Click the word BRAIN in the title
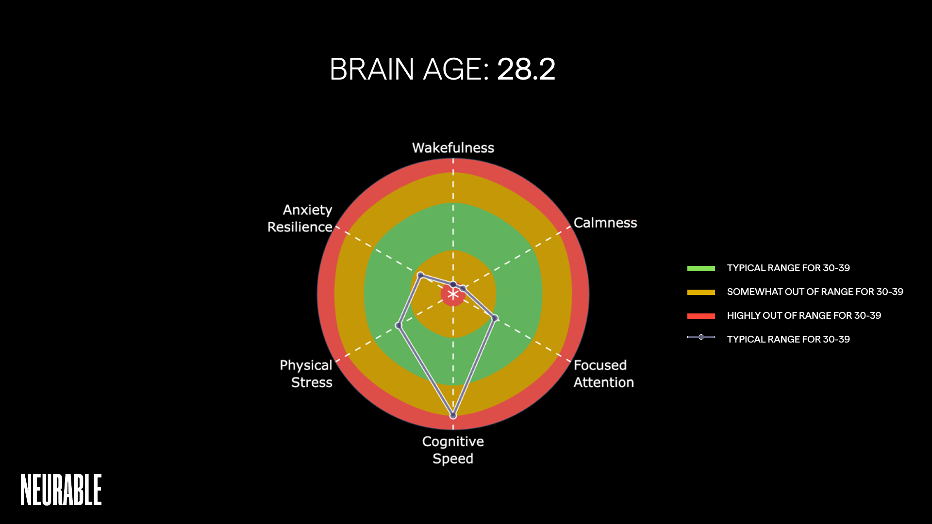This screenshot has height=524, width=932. pyautogui.click(x=371, y=69)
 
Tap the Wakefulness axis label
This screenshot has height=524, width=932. pyautogui.click(x=453, y=147)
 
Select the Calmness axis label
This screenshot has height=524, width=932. pyautogui.click(x=605, y=223)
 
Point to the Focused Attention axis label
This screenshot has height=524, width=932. pyautogui.click(x=603, y=374)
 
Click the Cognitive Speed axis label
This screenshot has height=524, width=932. pyautogui.click(x=453, y=450)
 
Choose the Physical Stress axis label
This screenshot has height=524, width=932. pyautogui.click(x=306, y=374)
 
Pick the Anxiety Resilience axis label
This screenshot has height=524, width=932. pyautogui.click(x=300, y=218)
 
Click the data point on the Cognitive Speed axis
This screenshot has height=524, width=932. pyautogui.click(x=453, y=416)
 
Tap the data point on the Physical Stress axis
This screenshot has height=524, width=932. pyautogui.click(x=399, y=326)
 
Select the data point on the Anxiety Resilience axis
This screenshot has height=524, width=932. pyautogui.click(x=420, y=275)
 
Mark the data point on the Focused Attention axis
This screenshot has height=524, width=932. pyautogui.click(x=495, y=318)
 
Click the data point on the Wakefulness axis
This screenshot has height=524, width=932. pyautogui.click(x=453, y=285)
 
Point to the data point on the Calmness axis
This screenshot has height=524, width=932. pyautogui.click(x=463, y=289)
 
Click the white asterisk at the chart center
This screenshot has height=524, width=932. pyautogui.click(x=453, y=295)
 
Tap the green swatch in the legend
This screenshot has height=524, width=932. pyautogui.click(x=701, y=268)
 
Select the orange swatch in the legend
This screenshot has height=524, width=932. pyautogui.click(x=701, y=292)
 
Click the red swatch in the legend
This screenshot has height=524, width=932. pyautogui.click(x=701, y=316)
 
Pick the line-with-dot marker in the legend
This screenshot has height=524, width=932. pyautogui.click(x=701, y=337)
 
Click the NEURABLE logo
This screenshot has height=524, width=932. pyautogui.click(x=61, y=490)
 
